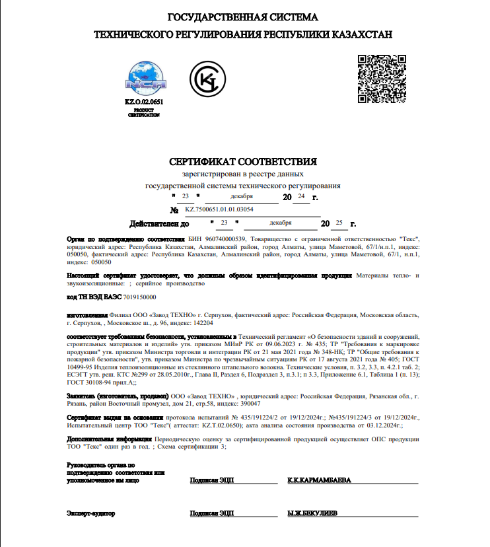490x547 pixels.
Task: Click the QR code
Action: pyautogui.click(x=381, y=79)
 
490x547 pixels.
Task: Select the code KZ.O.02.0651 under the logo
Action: pyautogui.click(x=143, y=102)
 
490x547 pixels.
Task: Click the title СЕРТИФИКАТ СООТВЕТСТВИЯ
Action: pyautogui.click(x=243, y=161)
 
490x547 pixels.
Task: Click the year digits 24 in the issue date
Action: pyautogui.click(x=301, y=197)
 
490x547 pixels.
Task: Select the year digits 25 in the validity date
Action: pyautogui.click(x=339, y=223)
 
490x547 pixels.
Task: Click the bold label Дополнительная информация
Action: pyautogui.click(x=107, y=439)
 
